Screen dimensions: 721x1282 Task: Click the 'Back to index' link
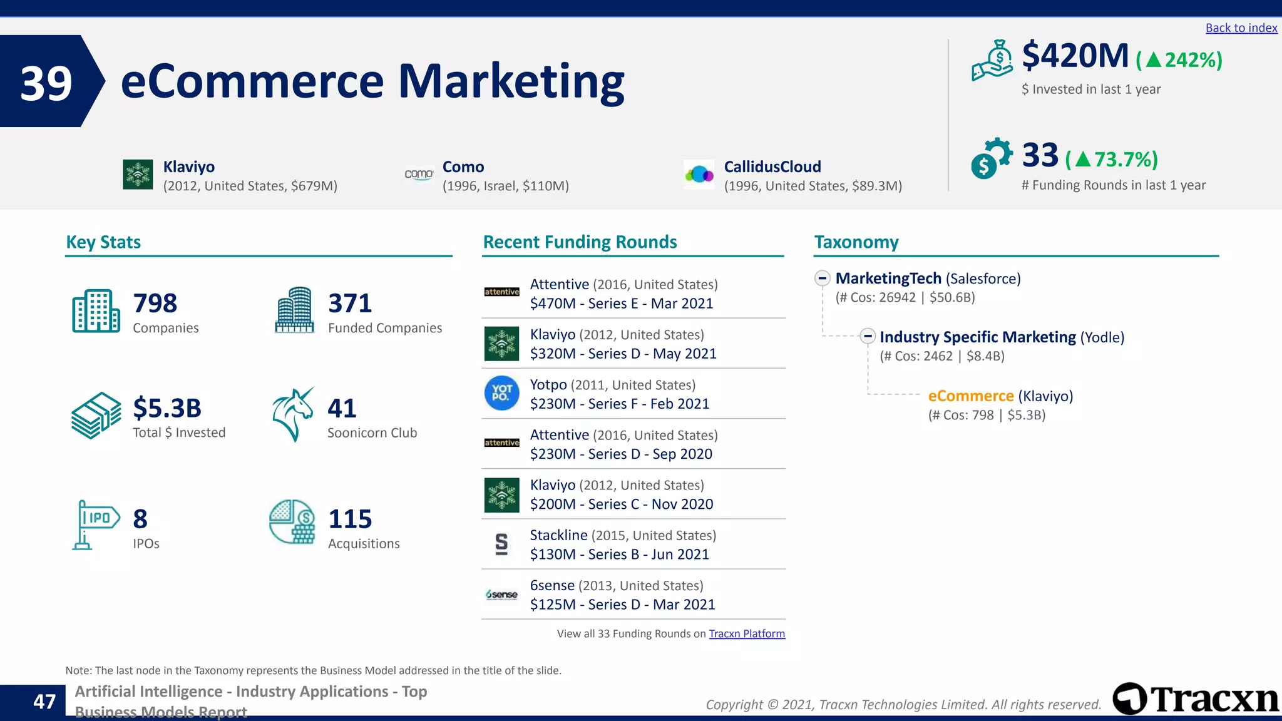pos(1241,28)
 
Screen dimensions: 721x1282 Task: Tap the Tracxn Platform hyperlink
pos(746,633)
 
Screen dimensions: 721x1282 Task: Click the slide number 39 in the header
pos(46,83)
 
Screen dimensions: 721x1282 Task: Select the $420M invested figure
pos(1075,56)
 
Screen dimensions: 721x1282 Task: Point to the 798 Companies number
pos(155,304)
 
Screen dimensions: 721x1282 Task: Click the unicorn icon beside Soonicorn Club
pos(293,414)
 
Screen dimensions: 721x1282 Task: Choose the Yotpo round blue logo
pos(501,393)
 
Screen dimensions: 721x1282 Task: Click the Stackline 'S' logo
pos(501,544)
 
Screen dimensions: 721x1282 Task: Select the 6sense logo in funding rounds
pos(501,595)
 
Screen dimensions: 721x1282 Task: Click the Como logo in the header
pos(419,174)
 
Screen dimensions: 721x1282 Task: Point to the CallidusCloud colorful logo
pos(699,175)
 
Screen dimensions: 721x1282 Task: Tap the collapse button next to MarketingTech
pos(823,279)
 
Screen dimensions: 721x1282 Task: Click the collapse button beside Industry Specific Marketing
pos(867,337)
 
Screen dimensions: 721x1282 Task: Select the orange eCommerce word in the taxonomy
pos(970,396)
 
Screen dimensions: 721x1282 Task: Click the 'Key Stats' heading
pos(103,242)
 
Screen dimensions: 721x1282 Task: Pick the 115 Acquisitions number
pos(350,519)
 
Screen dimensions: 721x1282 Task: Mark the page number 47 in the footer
pos(44,702)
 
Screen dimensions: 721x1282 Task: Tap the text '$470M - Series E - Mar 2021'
pos(621,304)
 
